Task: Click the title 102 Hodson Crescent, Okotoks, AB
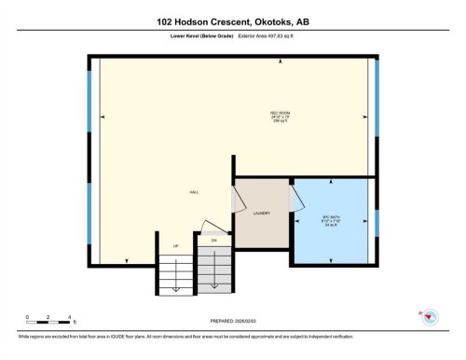tap(232, 20)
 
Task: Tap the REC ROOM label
tap(277, 114)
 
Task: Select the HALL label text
tap(194, 191)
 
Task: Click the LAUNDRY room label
tap(262, 214)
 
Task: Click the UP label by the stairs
tap(174, 246)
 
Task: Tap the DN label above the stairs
tap(213, 241)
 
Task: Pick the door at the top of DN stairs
tap(213, 228)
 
